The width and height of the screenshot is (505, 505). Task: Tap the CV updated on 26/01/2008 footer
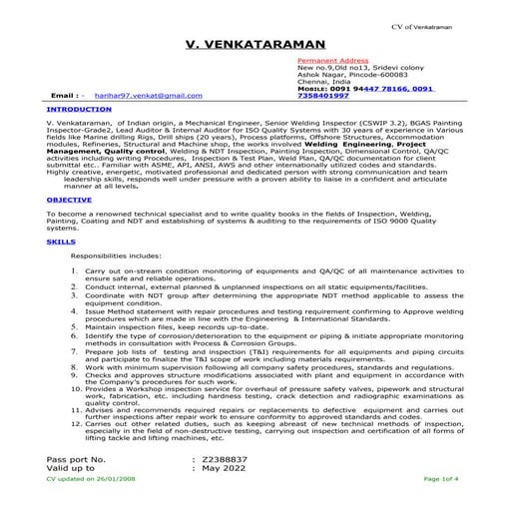(92, 479)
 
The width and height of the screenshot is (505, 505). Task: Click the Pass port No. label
(76, 459)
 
